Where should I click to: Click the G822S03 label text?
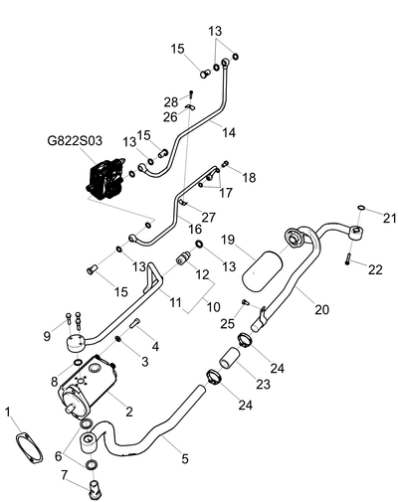point(75,140)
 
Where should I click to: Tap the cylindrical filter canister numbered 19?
point(263,271)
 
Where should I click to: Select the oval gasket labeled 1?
point(29,447)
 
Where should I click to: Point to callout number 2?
point(128,412)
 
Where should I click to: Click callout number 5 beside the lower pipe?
point(185,458)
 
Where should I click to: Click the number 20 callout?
point(321,309)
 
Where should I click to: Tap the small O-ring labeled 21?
point(361,208)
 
